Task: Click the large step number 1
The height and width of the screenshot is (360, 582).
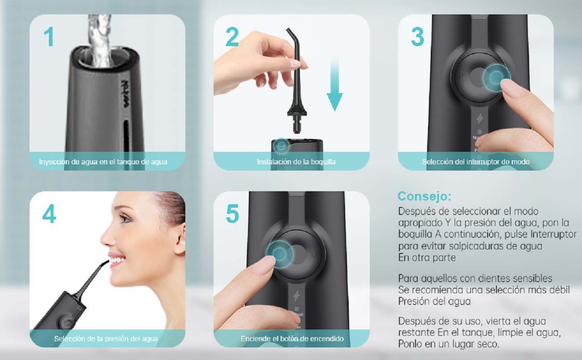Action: click(x=49, y=37)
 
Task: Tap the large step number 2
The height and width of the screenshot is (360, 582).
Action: click(x=232, y=37)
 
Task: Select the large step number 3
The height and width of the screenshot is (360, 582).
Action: click(x=418, y=37)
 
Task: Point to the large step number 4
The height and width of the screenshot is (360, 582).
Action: click(x=49, y=214)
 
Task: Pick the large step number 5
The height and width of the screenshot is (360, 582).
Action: click(x=232, y=214)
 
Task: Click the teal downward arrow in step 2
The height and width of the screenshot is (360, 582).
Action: click(x=335, y=84)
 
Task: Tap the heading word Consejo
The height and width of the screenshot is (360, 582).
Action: click(x=424, y=196)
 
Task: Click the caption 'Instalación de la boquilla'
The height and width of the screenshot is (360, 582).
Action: click(x=296, y=162)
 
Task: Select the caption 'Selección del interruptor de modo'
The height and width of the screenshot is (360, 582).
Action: click(x=476, y=162)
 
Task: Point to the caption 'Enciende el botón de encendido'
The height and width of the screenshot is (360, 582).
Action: click(x=292, y=339)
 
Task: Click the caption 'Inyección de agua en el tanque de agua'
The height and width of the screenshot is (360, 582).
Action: click(x=103, y=162)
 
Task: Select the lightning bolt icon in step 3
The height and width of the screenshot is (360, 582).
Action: click(x=479, y=119)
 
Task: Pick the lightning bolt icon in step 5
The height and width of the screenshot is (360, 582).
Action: click(x=296, y=296)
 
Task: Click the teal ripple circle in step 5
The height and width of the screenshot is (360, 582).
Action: click(x=279, y=254)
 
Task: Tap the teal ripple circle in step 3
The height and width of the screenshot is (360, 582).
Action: click(x=496, y=77)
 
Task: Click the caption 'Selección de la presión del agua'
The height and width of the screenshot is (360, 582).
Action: click(x=106, y=339)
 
